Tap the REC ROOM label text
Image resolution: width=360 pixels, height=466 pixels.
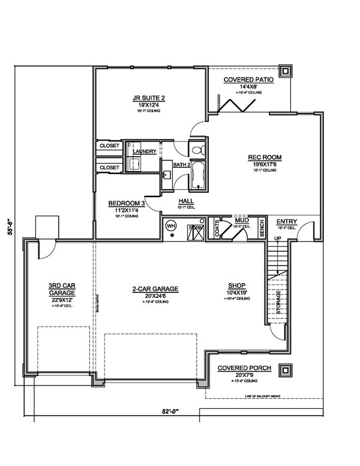pyautogui.click(x=265, y=158)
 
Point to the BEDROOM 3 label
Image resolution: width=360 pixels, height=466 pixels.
pyautogui.click(x=127, y=203)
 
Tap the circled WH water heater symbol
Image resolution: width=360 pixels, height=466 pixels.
pyautogui.click(x=172, y=225)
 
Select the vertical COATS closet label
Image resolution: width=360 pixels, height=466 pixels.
pyautogui.click(x=217, y=228)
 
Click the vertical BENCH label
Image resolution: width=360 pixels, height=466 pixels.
pyautogui.click(x=262, y=227)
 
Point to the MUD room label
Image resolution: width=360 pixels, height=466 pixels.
pyautogui.click(x=242, y=220)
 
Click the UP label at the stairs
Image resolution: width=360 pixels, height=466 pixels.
pyautogui.click(x=277, y=239)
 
